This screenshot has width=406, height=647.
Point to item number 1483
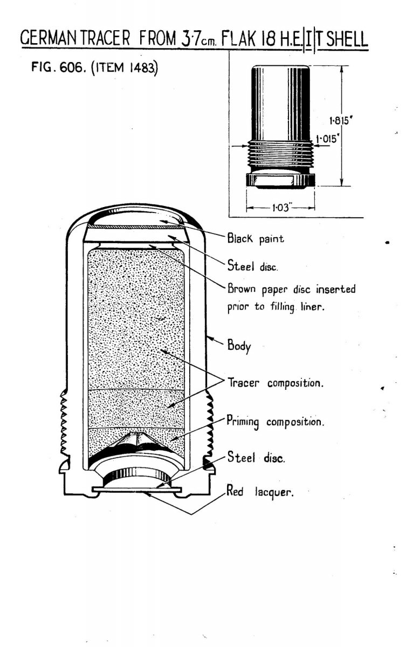(139, 71)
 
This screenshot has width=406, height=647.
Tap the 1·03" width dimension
(280, 207)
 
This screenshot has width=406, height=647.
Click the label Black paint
(255, 238)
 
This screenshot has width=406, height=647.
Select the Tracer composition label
(275, 384)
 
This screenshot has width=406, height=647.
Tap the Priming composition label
(276, 421)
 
